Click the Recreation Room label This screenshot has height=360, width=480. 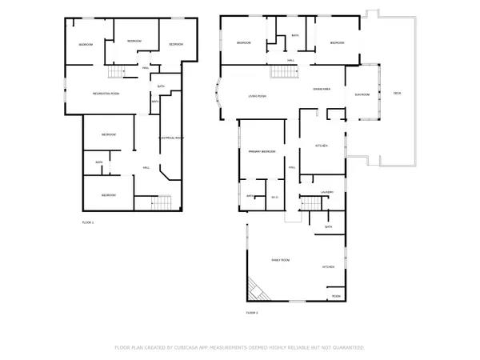(106, 94)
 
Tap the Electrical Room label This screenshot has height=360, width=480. (172, 138)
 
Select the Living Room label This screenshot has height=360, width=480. (257, 96)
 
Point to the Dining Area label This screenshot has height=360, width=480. (322, 89)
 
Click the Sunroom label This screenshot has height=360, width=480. (362, 94)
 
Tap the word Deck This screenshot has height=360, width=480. (397, 94)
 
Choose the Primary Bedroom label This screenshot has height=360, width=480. (262, 151)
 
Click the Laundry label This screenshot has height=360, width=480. (327, 193)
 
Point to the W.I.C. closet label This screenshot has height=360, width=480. (274, 197)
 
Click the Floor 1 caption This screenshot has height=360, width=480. (88, 222)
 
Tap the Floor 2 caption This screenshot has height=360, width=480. (251, 312)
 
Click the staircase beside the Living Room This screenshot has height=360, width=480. (283, 72)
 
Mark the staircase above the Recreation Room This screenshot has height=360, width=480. (118, 74)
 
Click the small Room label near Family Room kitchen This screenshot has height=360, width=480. (336, 296)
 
